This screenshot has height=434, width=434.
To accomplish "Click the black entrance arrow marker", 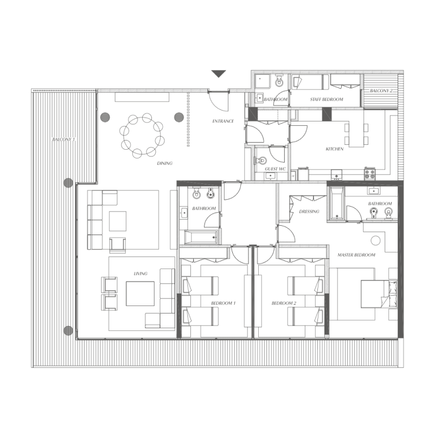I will point(219,74).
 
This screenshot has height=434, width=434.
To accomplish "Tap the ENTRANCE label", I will point(223,121).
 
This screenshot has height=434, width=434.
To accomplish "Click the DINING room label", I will point(165,163).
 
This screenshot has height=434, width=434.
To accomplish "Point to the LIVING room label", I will point(141,273).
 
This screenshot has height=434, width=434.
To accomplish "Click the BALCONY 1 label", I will point(63,140).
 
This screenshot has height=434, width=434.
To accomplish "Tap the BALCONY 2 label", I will point(381,91).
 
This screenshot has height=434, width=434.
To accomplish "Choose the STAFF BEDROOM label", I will point(327,100).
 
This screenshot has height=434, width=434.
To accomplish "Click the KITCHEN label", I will point(334,149).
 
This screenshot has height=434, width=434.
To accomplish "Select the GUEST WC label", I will point(275,169).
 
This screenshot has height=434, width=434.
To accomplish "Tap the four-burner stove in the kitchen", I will point(371,174).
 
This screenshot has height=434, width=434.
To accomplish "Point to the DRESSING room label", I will point(309,212).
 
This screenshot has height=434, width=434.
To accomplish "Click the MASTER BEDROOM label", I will point(356,254).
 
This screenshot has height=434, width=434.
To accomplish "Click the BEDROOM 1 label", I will point(223,303).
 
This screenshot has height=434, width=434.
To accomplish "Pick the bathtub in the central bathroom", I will point(201,237).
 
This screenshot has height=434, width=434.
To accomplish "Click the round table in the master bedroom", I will point(375,240).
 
